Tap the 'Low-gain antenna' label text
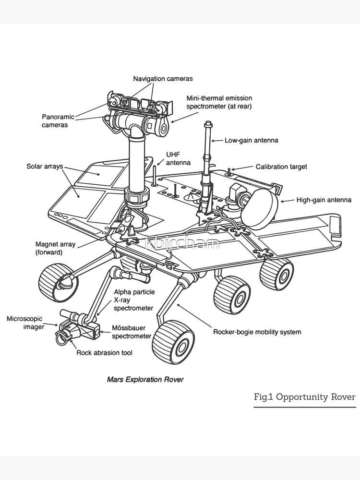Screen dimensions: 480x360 coord(251,141)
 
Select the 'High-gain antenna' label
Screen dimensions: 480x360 coord(324,200)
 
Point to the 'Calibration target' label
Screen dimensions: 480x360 coord(281,167)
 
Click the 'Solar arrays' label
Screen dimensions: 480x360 coord(44,167)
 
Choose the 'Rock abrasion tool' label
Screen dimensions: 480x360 coord(104,353)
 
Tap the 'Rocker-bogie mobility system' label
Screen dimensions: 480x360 coord(257,332)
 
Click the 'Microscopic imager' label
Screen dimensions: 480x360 coord(24,323)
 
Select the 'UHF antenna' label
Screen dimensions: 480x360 coord(178,158)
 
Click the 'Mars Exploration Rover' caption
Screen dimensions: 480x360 coord(145,379)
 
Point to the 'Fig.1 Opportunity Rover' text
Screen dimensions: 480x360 coord(304,397)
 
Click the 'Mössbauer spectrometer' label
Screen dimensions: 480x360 coord(132,332)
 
